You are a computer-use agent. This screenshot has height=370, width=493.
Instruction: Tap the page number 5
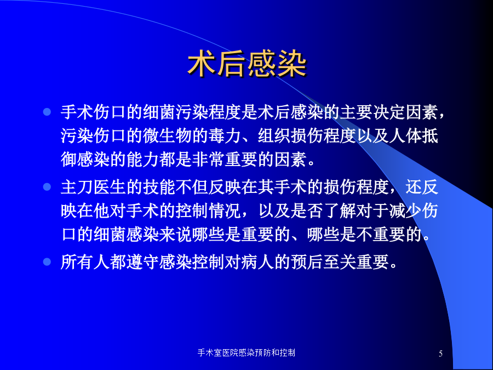click(x=440, y=354)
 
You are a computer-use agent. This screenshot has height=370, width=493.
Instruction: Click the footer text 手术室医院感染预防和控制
click(x=246, y=352)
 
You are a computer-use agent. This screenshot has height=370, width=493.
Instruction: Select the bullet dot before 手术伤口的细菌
click(x=47, y=112)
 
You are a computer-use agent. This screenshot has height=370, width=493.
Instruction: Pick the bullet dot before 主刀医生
click(x=47, y=187)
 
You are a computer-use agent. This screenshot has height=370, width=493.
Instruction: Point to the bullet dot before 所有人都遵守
click(x=47, y=262)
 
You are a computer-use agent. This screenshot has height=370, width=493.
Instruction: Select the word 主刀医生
click(x=93, y=187)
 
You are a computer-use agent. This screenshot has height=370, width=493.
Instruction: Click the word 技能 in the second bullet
click(x=159, y=187)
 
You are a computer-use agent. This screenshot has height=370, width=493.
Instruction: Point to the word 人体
click(x=405, y=136)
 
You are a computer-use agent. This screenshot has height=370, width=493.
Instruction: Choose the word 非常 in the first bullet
click(x=209, y=160)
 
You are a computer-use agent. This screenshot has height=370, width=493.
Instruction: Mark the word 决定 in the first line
click(x=389, y=112)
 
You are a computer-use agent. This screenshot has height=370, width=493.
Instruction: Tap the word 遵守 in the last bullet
click(x=143, y=262)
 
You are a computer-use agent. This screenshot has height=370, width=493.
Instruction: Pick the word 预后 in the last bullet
click(x=307, y=262)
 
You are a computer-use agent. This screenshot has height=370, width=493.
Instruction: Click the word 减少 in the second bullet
click(x=405, y=210)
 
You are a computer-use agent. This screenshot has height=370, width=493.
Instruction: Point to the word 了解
click(x=340, y=210)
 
